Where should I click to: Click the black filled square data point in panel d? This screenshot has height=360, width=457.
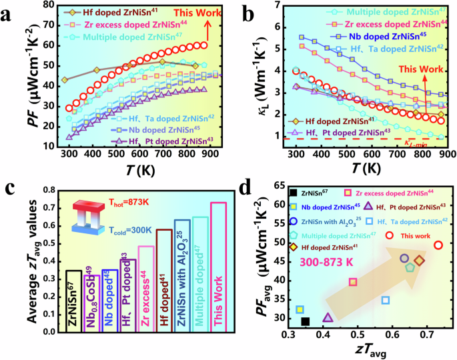(x=306, y=322)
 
